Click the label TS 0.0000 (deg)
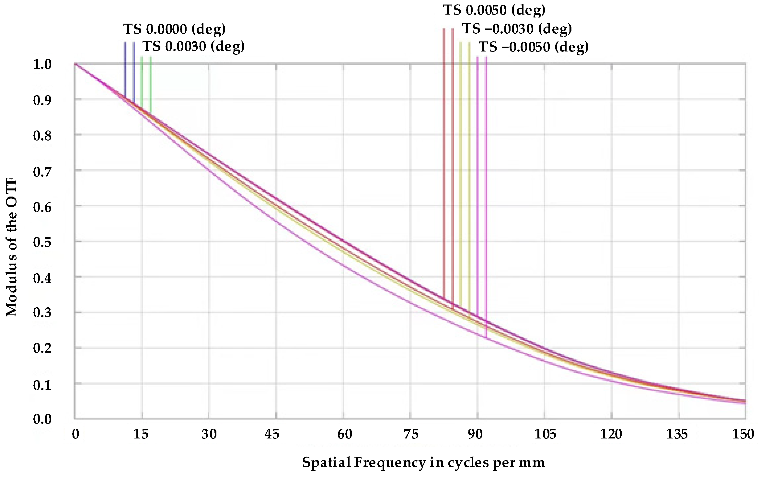pos(174,29)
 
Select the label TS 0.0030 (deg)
pos(194,46)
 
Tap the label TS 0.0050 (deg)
pos(494,10)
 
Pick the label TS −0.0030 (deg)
pos(517,29)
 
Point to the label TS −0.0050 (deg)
pos(534,47)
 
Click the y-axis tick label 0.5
pos(42,242)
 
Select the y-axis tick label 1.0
pos(42,64)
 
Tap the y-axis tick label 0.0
pos(42,419)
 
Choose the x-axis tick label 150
pos(743,434)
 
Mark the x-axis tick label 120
pos(611,434)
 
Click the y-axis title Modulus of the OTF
pos(12,248)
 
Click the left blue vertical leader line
pos(125,70)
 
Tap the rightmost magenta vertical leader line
pos(486,194)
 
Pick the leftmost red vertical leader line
pos(444,162)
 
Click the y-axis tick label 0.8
pos(42,135)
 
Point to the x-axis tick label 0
pos(75,434)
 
